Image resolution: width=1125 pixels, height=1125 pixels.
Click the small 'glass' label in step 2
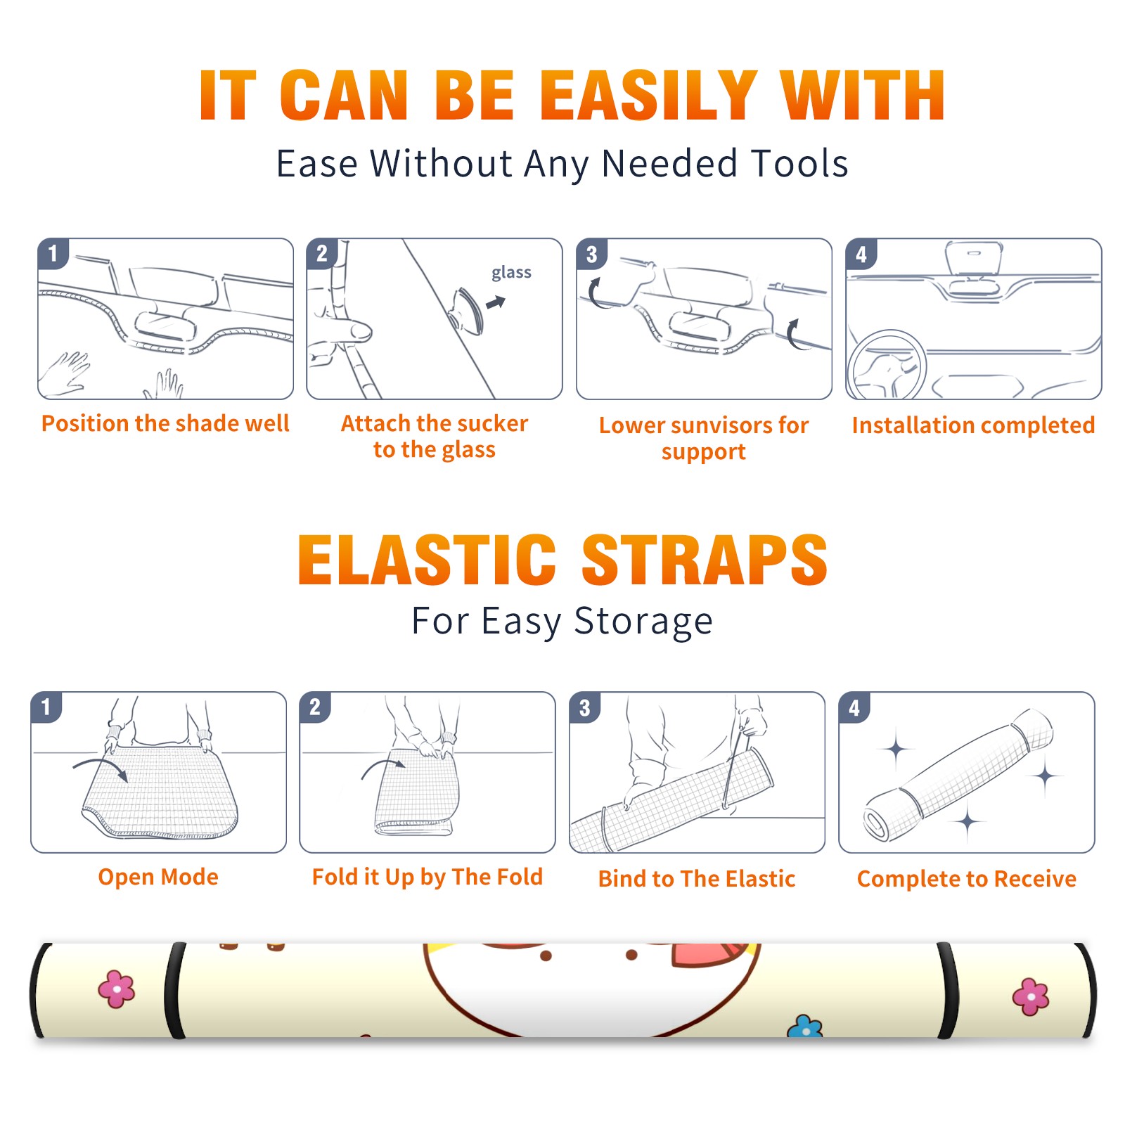pyautogui.click(x=511, y=273)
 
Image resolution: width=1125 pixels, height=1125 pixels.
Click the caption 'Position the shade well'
pyautogui.click(x=165, y=423)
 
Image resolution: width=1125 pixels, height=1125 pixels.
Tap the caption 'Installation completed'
pyautogui.click(x=973, y=425)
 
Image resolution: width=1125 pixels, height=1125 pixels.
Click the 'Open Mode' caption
pyautogui.click(x=158, y=877)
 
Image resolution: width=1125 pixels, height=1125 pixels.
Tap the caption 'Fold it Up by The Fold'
pyautogui.click(x=427, y=877)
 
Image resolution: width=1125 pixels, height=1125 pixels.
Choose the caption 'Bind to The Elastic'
pyautogui.click(x=697, y=879)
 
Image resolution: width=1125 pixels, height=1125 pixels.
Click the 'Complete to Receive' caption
pyautogui.click(x=967, y=879)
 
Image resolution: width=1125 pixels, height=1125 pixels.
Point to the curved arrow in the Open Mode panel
pyautogui.click(x=103, y=762)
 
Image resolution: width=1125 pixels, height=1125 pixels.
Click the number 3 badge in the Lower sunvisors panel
pyautogui.click(x=591, y=254)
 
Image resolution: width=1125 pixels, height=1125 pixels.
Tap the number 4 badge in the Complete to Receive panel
pyautogui.click(x=854, y=707)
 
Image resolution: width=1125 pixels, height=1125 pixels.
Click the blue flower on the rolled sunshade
pyautogui.click(x=805, y=1027)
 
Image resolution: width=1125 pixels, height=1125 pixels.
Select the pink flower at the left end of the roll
pyautogui.click(x=117, y=989)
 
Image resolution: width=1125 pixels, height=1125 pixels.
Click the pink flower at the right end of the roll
pyautogui.click(x=1031, y=996)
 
